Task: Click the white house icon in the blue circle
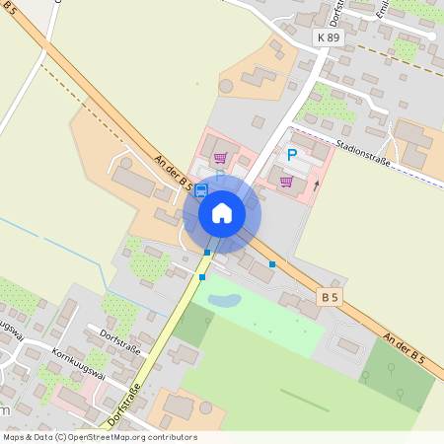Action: click(x=222, y=213)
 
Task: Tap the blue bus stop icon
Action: click(x=201, y=189)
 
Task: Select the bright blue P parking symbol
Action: click(x=291, y=155)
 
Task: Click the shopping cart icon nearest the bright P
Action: click(x=286, y=181)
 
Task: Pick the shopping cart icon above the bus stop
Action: click(x=220, y=157)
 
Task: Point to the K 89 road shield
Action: click(x=329, y=37)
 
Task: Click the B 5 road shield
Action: click(x=331, y=296)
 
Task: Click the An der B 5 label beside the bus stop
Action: click(x=173, y=170)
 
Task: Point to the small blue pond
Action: click(x=224, y=298)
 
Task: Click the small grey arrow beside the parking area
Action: click(x=316, y=184)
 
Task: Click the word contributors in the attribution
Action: click(x=173, y=437)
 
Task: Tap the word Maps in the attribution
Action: click(x=14, y=437)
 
